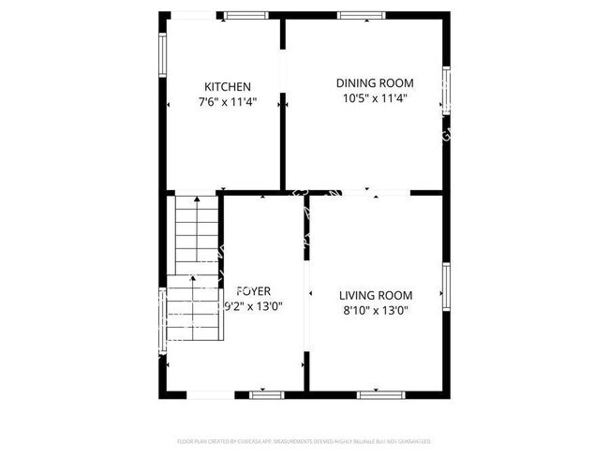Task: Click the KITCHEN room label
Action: coord(228,87)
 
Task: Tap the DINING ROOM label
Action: coord(375,82)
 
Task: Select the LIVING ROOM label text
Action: coord(375,295)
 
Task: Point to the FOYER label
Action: coord(255,291)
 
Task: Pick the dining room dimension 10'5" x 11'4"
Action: coord(375,97)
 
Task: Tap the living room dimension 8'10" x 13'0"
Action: coord(375,310)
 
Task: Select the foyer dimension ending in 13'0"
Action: coord(255,306)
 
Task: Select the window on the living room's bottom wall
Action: coord(375,394)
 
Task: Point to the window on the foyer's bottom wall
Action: coord(266,394)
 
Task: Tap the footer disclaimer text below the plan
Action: coord(304,440)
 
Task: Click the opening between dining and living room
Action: coord(361,194)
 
